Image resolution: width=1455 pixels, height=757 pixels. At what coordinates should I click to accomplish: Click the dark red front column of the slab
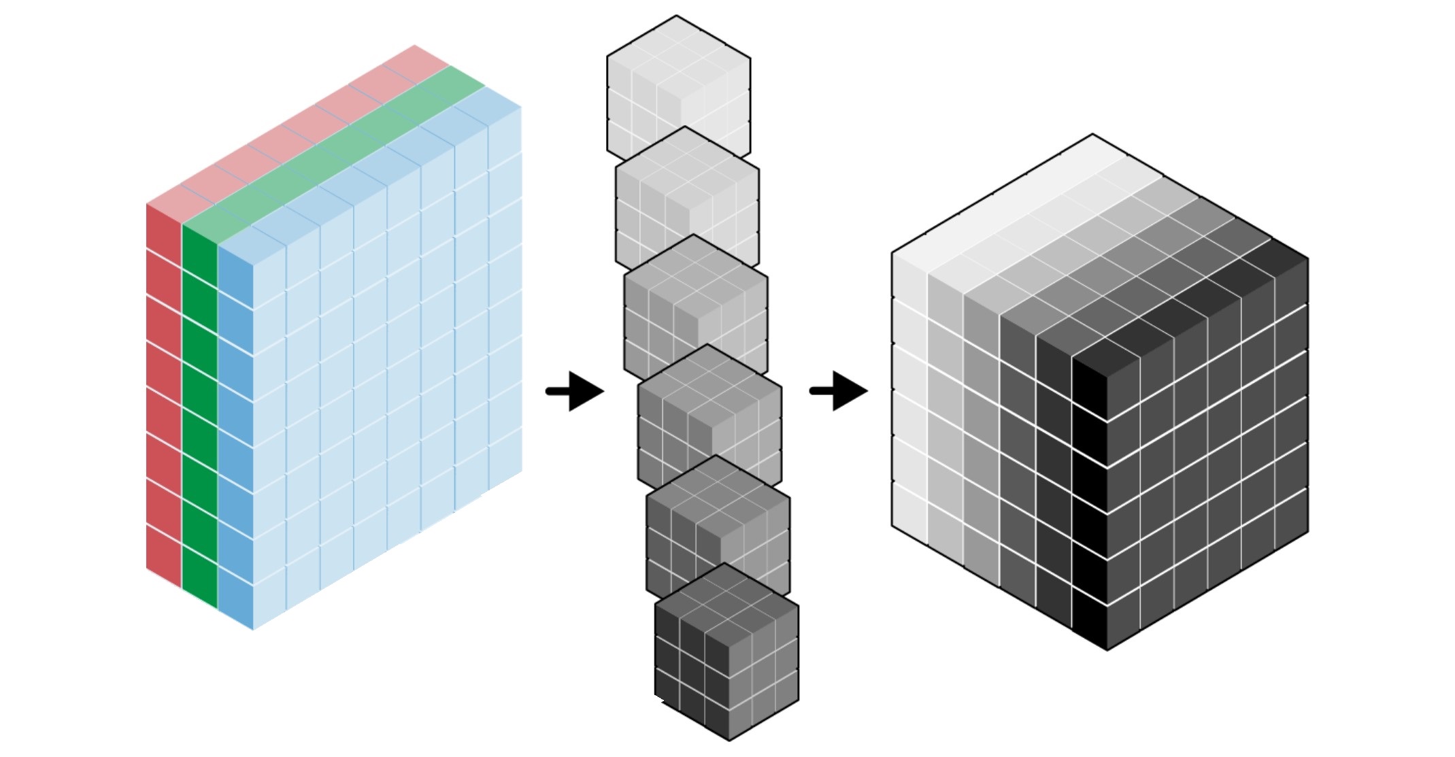pyautogui.click(x=164, y=394)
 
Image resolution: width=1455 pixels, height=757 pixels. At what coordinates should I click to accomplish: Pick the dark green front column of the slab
pyautogui.click(x=200, y=415)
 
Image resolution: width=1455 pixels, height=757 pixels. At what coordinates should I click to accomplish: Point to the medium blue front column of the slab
pyautogui.click(x=235, y=435)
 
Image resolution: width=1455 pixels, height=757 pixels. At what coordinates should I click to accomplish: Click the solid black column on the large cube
pyautogui.click(x=1090, y=503)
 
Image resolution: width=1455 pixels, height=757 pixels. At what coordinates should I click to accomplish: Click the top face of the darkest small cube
pyautogui.click(x=726, y=599)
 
